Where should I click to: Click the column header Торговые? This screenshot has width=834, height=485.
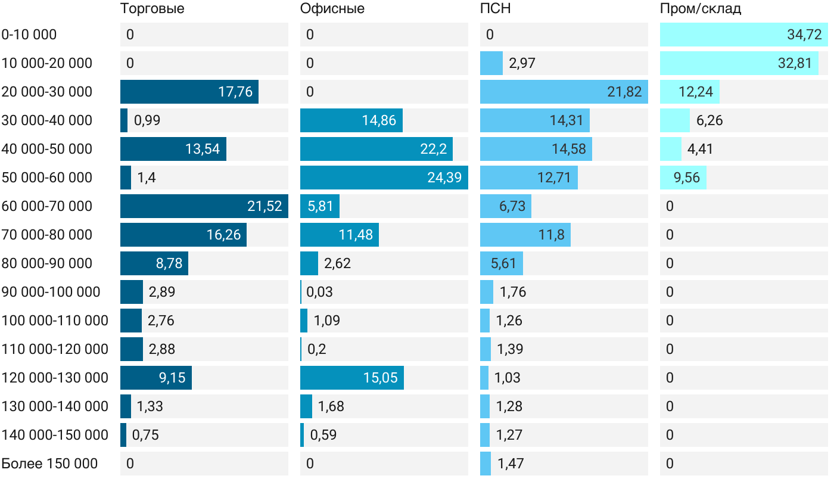coord(152,9)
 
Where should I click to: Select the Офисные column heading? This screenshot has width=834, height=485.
coord(332,9)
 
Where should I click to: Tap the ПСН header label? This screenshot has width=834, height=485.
coord(495,9)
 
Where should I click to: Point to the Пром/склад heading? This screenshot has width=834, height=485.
coord(700,9)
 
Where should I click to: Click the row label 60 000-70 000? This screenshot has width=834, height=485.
coord(47,206)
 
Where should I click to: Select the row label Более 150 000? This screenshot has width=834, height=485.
coord(49,464)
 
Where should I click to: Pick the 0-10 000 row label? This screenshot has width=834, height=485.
coord(29,35)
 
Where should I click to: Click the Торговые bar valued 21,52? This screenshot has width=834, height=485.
coord(204,206)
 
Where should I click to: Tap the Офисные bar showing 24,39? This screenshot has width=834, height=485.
coord(384,178)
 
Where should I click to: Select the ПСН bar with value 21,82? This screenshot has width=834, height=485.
coord(564,92)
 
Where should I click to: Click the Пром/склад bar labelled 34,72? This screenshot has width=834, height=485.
coord(743,35)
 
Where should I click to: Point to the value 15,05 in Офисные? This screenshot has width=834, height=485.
coord(380,378)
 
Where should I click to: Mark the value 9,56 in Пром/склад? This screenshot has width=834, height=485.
coord(687,178)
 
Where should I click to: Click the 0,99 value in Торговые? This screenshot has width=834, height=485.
coord(147,120)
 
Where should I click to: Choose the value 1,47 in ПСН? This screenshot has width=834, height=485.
coord(510,464)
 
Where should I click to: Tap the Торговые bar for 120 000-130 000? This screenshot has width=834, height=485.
coord(155,378)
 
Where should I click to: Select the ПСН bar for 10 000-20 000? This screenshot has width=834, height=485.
coord(491,63)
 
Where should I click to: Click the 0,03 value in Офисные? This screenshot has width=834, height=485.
coord(319,292)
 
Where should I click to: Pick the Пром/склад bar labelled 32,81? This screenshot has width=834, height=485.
coord(739,63)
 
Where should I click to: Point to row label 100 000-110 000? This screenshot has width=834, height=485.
coord(55,321)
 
